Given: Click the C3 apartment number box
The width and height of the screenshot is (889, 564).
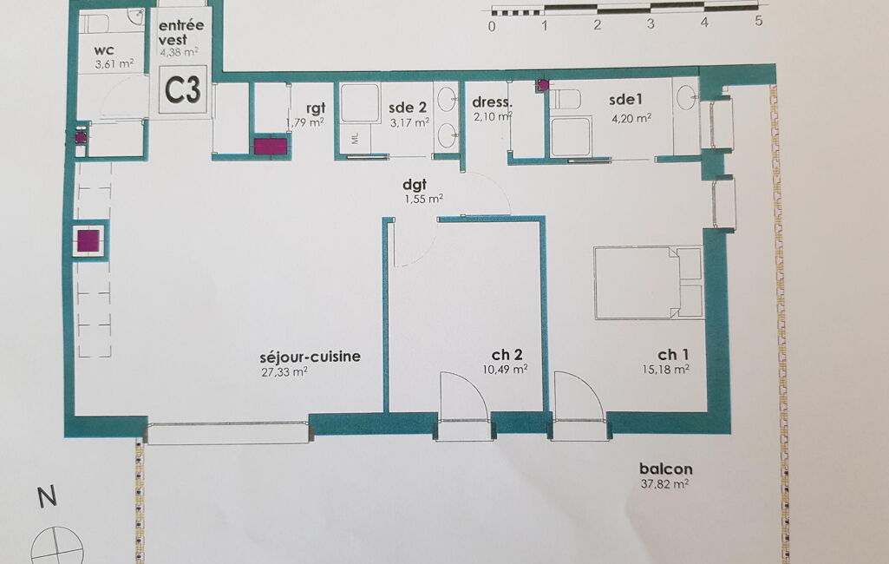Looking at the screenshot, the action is tap(182, 89).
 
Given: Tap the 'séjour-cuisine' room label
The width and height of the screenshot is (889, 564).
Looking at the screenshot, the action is tap(310, 357).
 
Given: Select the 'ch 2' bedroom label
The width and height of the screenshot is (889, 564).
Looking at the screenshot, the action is tap(507, 355).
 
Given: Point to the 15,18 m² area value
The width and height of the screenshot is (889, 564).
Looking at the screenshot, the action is tap(665, 370).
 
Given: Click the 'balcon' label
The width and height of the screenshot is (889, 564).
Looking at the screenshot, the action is tap(665, 469).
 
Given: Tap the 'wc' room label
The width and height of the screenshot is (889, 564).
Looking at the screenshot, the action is tap(104, 50).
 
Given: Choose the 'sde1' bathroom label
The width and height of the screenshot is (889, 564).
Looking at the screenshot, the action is tap(625, 100).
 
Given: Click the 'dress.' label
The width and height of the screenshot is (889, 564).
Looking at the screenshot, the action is tap(492, 102).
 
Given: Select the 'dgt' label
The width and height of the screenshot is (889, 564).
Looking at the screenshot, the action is tap(414, 185).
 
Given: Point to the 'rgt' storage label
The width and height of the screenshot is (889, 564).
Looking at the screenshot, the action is tap(316, 108).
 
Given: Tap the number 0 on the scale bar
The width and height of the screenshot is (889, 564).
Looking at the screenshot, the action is tap(492, 26).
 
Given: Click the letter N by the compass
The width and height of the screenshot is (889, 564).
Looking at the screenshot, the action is tap(48, 496).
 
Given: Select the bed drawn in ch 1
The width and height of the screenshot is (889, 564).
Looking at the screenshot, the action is tap(648, 283).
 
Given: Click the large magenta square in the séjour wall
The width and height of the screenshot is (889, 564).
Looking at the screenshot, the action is tap(88, 240).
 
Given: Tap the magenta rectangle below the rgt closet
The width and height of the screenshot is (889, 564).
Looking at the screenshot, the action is tap(271, 147).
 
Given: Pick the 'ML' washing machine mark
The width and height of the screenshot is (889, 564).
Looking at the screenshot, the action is tap(355, 138).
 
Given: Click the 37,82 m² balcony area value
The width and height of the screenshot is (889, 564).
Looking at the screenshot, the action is tap(664, 484).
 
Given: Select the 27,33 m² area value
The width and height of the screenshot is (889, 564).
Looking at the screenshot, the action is tap(284, 372).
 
